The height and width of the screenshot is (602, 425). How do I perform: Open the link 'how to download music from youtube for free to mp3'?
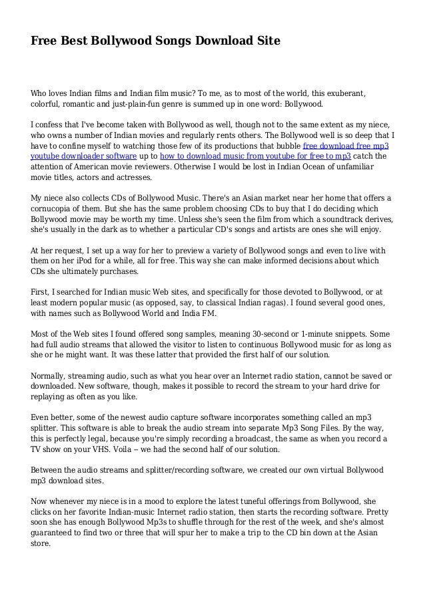[x=256, y=157]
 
